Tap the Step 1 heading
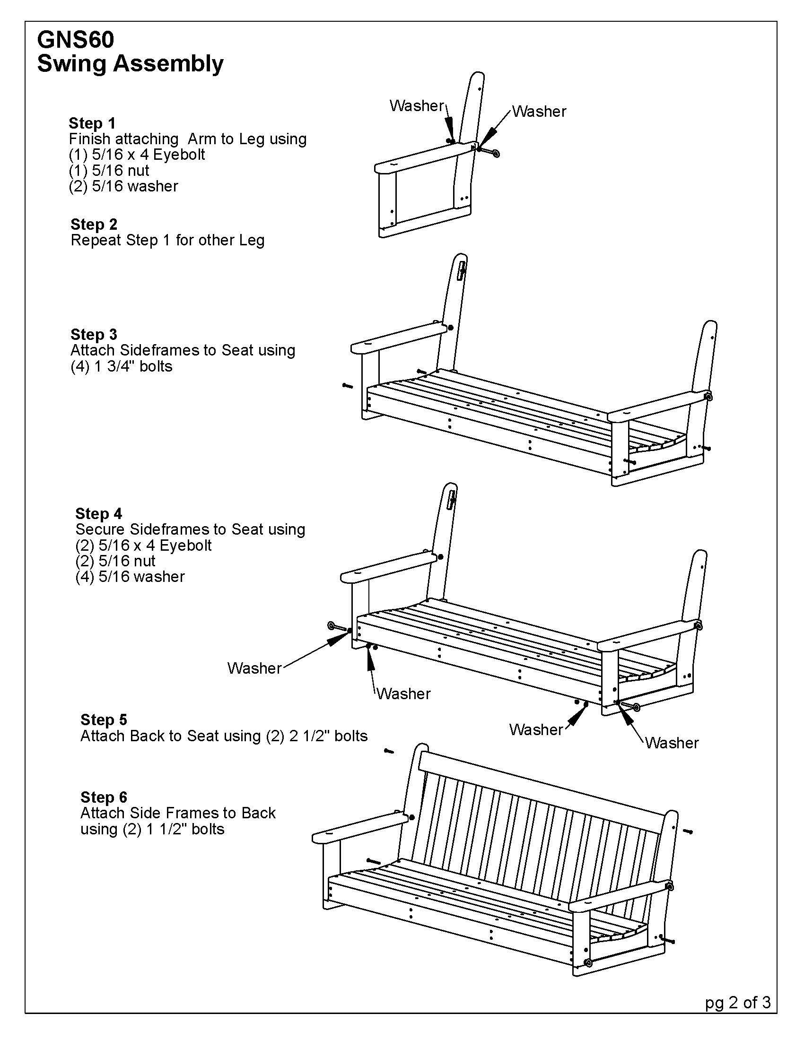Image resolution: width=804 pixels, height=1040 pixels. coord(92,123)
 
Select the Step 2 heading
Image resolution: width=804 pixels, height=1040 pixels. coord(94,224)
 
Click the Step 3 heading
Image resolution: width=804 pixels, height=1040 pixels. coord(94,334)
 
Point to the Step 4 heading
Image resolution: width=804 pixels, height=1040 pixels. coord(98,513)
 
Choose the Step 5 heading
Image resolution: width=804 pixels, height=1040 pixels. coord(104,719)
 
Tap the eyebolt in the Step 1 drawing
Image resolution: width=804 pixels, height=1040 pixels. coord(491,152)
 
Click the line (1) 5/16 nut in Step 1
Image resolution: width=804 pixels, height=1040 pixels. coord(109,170)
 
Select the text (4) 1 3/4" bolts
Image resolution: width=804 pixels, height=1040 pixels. coord(122,366)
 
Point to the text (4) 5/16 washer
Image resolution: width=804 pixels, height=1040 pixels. coord(130,577)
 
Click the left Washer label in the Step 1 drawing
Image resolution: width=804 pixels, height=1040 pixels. coord(417,105)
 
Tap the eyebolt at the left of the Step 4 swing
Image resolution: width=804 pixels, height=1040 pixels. coord(336,627)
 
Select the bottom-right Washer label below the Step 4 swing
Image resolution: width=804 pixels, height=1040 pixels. coord(672,742)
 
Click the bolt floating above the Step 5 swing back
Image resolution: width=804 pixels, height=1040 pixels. coord(389,751)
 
